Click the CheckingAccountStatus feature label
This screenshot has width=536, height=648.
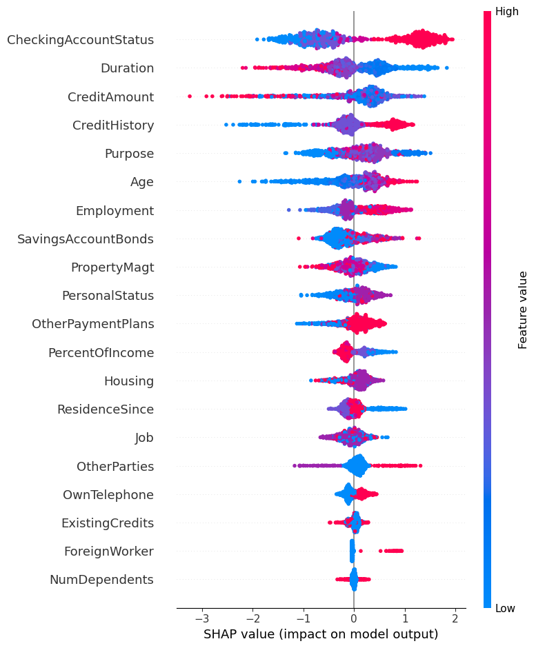click(80, 40)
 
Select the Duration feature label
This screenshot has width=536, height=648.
click(127, 68)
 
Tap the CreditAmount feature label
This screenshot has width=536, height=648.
click(110, 97)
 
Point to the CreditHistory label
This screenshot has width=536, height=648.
click(113, 125)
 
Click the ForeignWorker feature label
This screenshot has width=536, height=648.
click(109, 551)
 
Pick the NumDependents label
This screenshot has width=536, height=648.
click(101, 580)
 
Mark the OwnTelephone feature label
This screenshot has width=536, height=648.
click(108, 495)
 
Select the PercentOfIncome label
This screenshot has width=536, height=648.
click(101, 353)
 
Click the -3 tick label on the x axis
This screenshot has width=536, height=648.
click(202, 618)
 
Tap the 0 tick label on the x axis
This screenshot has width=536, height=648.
click(354, 618)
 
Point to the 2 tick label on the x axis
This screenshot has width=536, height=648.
click(455, 618)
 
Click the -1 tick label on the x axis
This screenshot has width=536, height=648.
click(304, 618)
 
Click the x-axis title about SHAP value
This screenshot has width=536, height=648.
click(321, 634)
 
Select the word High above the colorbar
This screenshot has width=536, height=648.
click(507, 12)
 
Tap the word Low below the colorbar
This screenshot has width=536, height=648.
click(506, 609)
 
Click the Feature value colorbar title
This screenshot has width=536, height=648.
click(523, 310)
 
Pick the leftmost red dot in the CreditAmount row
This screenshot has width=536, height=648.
click(190, 97)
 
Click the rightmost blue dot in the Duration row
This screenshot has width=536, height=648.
click(447, 68)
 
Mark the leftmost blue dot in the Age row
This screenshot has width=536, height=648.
click(239, 182)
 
